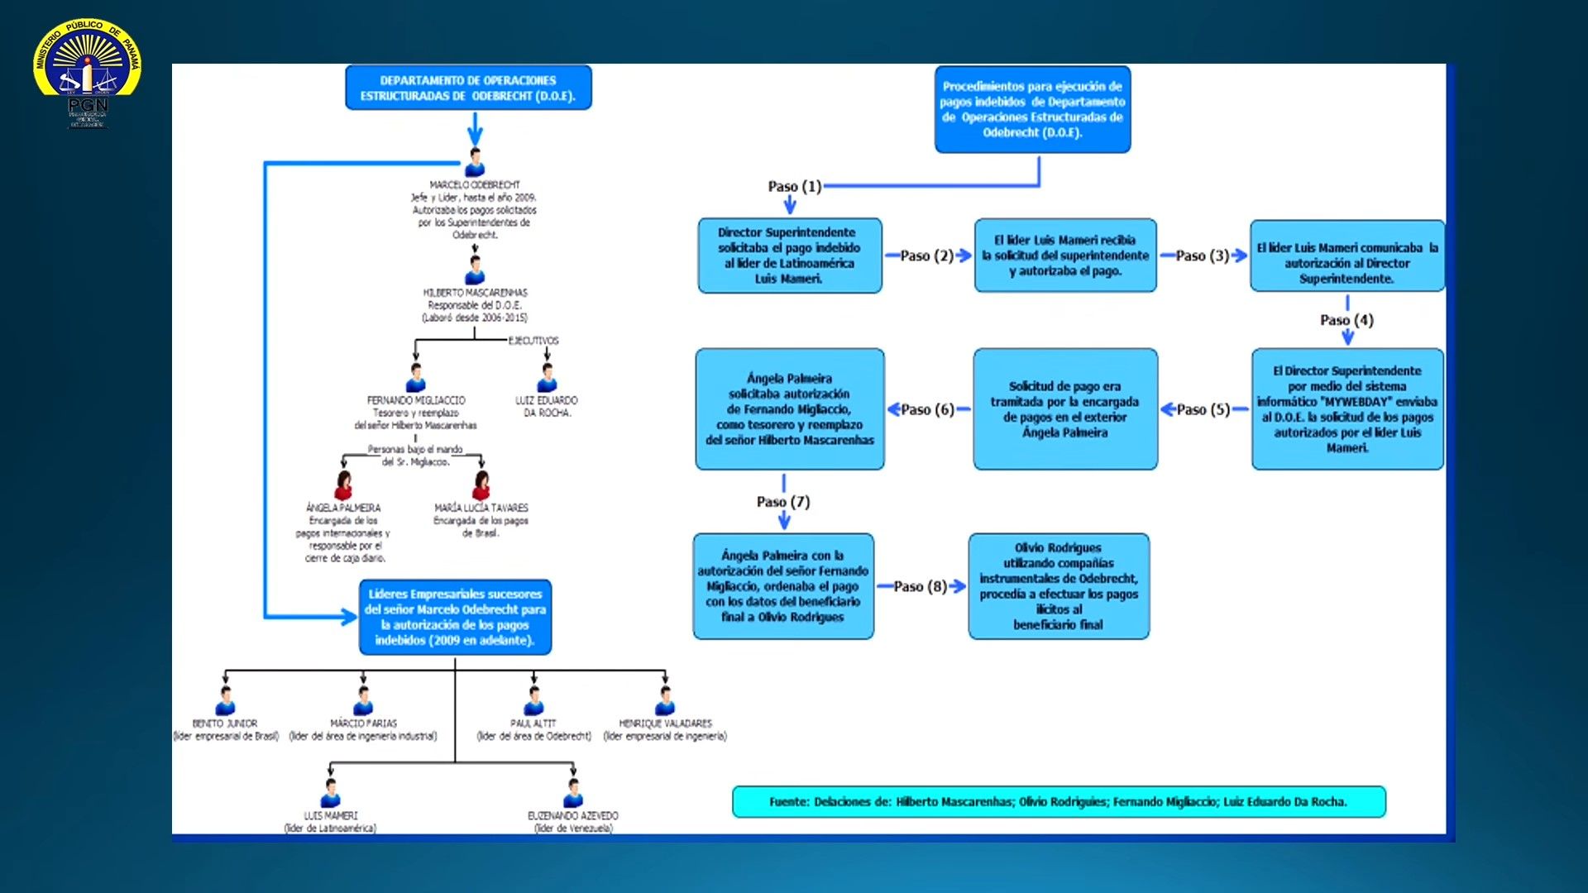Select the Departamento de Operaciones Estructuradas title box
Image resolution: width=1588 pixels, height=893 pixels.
468,88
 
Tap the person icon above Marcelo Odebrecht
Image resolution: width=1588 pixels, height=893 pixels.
475,163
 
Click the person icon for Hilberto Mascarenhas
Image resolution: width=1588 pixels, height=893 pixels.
475,270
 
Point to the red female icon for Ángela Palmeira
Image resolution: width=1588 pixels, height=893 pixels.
343,485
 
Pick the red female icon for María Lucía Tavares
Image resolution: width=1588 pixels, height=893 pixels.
481,485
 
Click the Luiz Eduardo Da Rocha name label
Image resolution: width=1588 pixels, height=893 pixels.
547,406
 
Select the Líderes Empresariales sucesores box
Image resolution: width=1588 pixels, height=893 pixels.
455,617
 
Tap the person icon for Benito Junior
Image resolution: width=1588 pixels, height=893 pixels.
225,701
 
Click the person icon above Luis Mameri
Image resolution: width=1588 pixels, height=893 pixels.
331,794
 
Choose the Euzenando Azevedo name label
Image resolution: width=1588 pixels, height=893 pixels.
573,815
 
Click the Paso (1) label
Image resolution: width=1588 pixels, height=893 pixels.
794,186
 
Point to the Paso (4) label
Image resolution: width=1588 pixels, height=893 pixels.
1346,320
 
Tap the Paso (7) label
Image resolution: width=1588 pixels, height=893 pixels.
783,502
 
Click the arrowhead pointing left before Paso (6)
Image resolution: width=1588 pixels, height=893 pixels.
893,409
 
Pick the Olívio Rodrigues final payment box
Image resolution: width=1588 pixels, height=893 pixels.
1059,585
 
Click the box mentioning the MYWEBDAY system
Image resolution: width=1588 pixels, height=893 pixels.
1347,409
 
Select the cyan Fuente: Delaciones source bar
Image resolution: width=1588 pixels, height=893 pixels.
1059,801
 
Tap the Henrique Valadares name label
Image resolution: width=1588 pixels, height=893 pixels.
665,723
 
